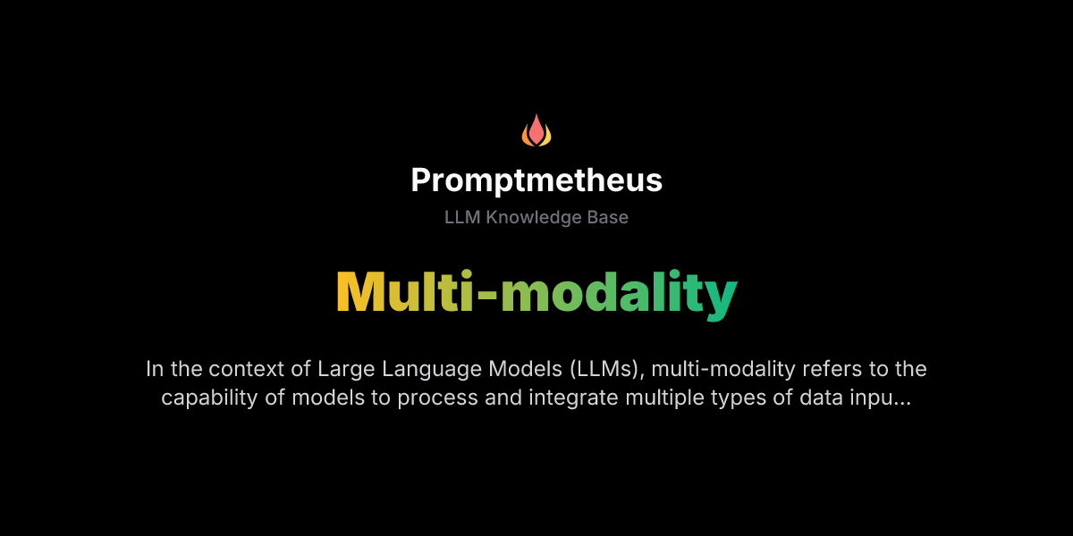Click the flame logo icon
point(536,130)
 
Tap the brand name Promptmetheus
point(536,180)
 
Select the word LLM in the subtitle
point(462,218)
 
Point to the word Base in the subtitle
point(605,218)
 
